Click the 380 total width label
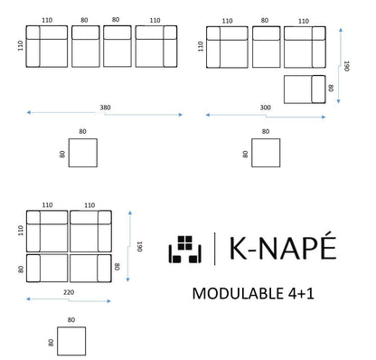(107, 107)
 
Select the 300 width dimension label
(264, 107)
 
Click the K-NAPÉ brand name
(282, 251)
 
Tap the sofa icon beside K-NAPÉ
(187, 251)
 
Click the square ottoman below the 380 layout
(83, 156)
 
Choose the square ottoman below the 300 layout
(265, 156)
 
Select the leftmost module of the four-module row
(48, 46)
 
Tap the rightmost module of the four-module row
(155, 46)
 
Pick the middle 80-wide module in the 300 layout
(266, 45)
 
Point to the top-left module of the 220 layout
(47, 232)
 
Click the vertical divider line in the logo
(214, 251)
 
